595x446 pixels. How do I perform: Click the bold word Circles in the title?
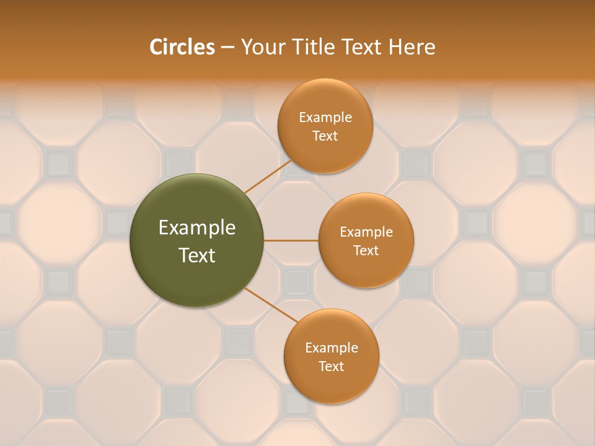click(x=182, y=47)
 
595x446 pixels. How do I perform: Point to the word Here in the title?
click(x=412, y=47)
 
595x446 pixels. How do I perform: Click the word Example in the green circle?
click(x=197, y=228)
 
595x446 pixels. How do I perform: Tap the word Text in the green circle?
click(x=197, y=255)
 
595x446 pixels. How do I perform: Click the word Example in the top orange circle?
click(x=325, y=117)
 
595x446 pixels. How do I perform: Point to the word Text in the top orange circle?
click(x=325, y=136)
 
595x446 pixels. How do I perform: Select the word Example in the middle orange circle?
click(x=366, y=232)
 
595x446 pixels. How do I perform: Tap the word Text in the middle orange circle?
click(x=366, y=250)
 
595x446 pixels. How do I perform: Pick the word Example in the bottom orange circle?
click(x=332, y=348)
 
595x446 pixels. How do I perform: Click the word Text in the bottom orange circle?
click(x=332, y=366)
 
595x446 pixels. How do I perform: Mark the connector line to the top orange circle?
click(x=268, y=176)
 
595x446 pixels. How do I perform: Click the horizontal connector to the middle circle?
click(x=291, y=240)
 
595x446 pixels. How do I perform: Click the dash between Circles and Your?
click(x=227, y=48)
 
